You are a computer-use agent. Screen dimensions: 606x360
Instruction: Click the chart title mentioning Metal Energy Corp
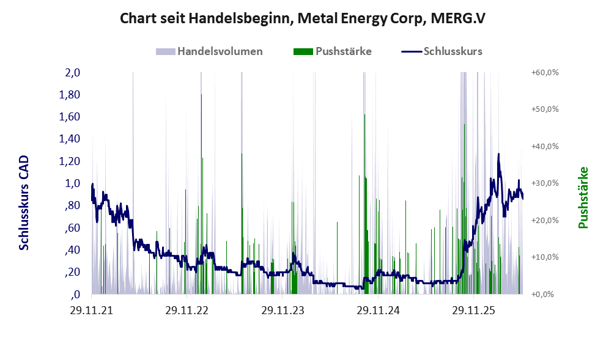(x=302, y=18)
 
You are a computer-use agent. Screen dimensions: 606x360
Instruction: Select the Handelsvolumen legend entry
(x=209, y=51)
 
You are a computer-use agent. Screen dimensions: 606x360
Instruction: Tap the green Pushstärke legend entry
(x=333, y=51)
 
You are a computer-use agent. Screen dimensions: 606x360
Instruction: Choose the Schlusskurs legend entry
(x=442, y=51)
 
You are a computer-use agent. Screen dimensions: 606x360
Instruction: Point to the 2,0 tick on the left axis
(x=73, y=73)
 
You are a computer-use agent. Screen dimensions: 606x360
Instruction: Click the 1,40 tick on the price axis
(x=70, y=139)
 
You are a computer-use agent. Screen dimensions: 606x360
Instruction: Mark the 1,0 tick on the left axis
(x=73, y=183)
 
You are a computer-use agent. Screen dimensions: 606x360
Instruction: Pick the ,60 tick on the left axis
(x=72, y=227)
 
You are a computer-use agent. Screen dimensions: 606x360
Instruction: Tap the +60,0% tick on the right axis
(x=545, y=73)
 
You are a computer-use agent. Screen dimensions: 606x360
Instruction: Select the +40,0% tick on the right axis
(x=545, y=147)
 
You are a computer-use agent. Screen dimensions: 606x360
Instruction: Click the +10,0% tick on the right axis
(x=545, y=257)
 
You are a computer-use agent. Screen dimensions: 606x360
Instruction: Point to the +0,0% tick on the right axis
(x=542, y=295)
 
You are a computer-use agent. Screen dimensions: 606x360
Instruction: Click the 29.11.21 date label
(x=92, y=310)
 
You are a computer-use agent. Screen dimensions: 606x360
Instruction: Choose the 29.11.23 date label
(x=283, y=310)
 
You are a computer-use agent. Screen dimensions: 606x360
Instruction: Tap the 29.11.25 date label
(x=473, y=310)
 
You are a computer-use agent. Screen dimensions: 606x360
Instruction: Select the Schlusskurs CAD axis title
(x=24, y=203)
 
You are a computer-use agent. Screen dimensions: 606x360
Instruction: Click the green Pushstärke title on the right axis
(x=583, y=197)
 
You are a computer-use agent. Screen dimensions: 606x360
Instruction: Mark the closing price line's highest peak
(x=498, y=154)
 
